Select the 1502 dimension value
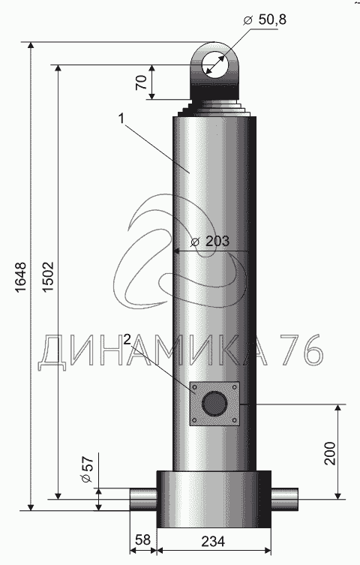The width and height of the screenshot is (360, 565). (48, 277)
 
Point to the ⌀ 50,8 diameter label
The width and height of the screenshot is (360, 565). (265, 20)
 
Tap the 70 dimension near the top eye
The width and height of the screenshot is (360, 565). (142, 83)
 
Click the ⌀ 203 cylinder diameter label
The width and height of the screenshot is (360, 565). (210, 241)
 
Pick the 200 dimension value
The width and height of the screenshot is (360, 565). (330, 453)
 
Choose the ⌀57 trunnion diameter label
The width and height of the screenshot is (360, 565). (88, 470)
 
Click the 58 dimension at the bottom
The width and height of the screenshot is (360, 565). (143, 539)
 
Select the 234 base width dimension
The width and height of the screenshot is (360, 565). (213, 541)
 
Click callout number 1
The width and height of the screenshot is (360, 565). (121, 119)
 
